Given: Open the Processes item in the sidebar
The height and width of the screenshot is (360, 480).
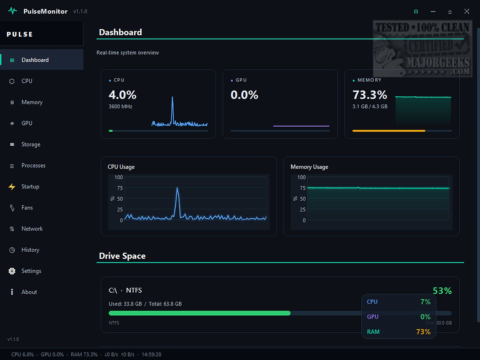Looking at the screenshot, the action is click(33, 165).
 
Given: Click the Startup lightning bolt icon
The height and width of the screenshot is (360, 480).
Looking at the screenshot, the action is click(12, 187).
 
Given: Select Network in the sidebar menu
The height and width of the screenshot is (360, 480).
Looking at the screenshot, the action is click(32, 229).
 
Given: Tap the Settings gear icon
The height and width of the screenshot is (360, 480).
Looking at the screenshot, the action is click(12, 271).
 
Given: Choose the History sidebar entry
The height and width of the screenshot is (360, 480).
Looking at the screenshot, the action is click(30, 250).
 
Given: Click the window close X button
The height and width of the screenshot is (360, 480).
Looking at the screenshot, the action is click(467, 12).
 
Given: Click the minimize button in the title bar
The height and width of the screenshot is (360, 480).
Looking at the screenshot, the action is click(433, 12).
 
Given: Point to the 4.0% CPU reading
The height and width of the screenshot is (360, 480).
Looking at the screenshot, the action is click(122, 95).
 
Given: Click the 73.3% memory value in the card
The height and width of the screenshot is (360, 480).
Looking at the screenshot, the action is click(370, 95).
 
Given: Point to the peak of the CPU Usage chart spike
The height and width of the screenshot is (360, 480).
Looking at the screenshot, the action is click(177, 188).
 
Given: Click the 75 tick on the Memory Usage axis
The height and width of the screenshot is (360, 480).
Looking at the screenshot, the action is click(303, 188).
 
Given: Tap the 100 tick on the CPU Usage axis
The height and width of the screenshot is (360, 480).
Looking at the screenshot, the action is click(119, 177).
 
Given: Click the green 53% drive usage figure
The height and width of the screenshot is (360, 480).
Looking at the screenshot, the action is click(442, 291).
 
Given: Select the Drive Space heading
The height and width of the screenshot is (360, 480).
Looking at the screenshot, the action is click(122, 256).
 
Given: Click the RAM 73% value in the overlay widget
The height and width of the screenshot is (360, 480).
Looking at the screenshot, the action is click(423, 332).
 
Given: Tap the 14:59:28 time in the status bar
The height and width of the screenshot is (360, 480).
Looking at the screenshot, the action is click(151, 354).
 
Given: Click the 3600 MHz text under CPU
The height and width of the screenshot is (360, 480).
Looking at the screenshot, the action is click(120, 106).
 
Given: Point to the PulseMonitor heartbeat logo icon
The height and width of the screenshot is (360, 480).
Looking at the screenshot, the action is click(12, 11).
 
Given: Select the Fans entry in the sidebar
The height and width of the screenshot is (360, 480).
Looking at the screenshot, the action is click(27, 207).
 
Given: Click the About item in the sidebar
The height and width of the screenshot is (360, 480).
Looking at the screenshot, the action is click(29, 292).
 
